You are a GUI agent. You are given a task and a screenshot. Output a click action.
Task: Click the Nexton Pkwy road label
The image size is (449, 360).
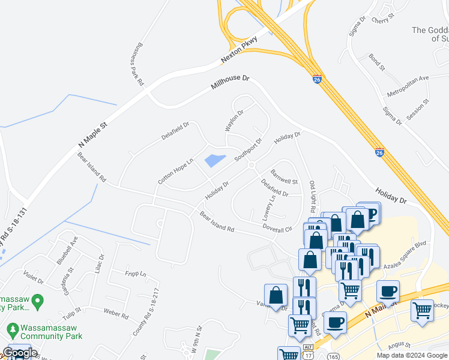click(x=239, y=49)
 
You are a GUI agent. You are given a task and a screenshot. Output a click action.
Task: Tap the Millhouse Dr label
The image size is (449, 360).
click(x=229, y=83)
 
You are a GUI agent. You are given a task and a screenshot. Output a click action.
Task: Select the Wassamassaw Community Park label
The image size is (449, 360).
click(x=50, y=332)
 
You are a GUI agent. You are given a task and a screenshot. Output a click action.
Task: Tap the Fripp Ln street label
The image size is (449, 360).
click(x=134, y=274)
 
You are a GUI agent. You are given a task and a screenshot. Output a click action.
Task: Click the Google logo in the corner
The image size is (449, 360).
click(x=20, y=353)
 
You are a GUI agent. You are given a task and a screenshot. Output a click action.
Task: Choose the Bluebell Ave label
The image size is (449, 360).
click(x=67, y=250)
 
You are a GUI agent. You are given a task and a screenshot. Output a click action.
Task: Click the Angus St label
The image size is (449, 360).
click(x=399, y=345)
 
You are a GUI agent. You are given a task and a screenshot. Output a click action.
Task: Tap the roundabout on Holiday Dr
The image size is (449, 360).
click(x=252, y=165)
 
